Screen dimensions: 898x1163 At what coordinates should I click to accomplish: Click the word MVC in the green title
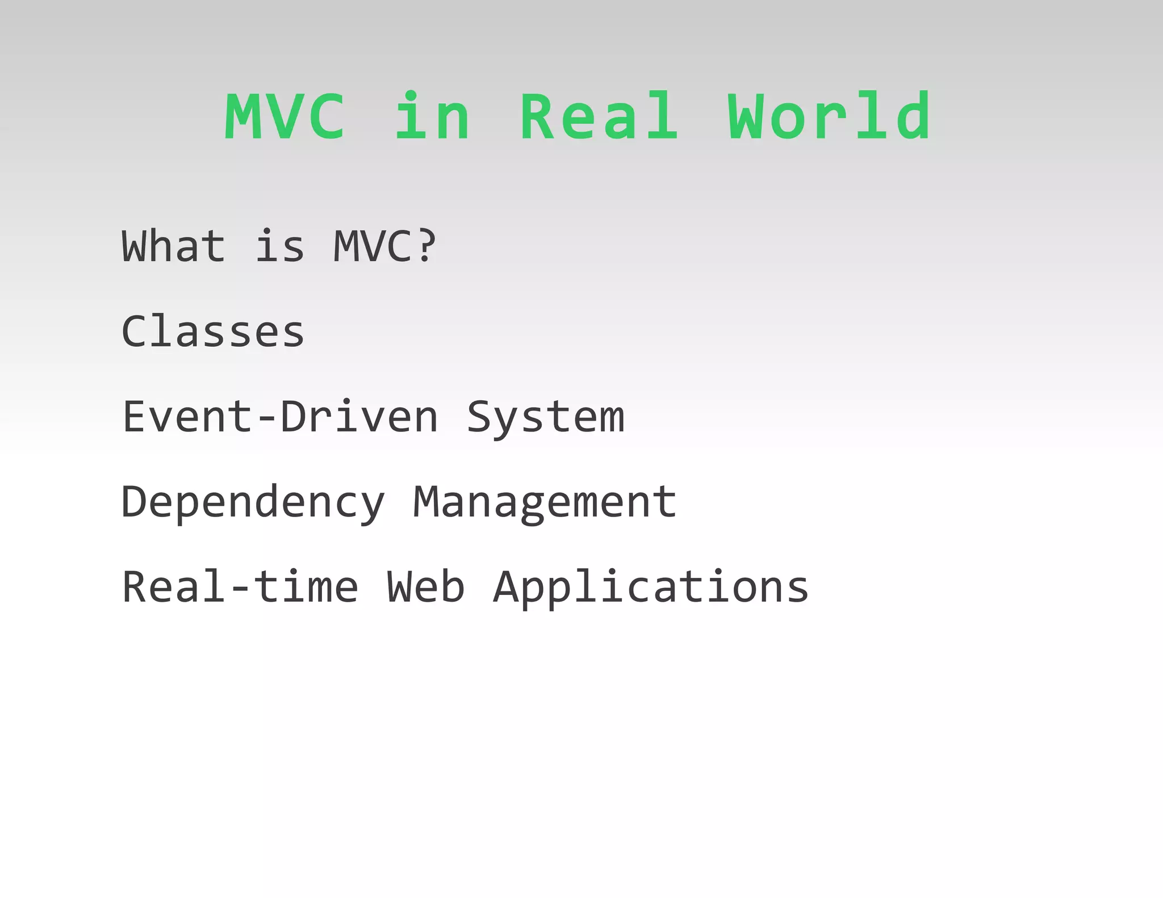click(285, 117)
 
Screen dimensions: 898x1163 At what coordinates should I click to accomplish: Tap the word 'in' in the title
click(433, 117)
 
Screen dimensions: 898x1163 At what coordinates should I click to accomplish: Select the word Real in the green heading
click(599, 117)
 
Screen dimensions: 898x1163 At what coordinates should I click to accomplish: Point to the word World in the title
click(829, 117)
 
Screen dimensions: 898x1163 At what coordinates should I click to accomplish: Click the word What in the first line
click(174, 246)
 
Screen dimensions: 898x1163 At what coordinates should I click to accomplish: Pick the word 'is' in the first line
click(279, 247)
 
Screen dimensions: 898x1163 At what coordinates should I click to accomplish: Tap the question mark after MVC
click(425, 246)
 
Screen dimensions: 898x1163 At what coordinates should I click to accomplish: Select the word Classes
click(213, 331)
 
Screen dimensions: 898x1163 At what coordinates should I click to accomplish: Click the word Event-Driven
click(280, 417)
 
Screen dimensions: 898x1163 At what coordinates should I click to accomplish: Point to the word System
click(545, 418)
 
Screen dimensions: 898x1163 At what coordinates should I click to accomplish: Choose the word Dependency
click(253, 503)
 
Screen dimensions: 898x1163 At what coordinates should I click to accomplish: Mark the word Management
click(544, 503)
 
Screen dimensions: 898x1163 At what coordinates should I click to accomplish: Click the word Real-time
click(240, 587)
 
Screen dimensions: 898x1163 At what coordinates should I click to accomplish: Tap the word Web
click(425, 587)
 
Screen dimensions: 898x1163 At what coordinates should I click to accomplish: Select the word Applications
click(651, 588)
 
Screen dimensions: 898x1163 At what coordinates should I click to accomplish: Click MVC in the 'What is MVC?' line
click(371, 246)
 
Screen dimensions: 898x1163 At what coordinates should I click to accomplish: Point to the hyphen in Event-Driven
click(266, 419)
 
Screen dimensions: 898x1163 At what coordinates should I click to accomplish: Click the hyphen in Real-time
click(240, 589)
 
